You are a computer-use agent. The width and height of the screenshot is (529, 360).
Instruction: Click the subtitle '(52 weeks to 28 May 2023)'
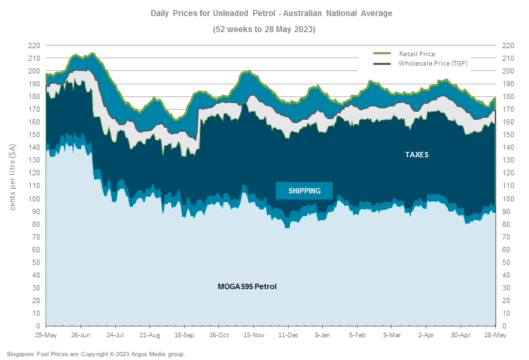pos(264,29)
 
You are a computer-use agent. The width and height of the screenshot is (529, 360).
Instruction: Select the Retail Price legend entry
pos(417,53)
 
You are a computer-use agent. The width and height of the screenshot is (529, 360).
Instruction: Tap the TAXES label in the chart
pos(417,155)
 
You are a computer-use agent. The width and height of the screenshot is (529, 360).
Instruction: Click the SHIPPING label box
pos(304,191)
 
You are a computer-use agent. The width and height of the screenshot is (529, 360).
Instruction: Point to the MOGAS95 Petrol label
pos(247,286)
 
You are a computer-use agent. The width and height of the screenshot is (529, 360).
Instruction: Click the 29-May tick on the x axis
pos(46,335)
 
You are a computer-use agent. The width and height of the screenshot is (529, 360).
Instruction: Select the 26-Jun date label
pos(80,335)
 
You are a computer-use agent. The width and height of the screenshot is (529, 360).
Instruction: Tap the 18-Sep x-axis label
pos(184,335)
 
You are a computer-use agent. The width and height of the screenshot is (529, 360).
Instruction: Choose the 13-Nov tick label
pos(253,335)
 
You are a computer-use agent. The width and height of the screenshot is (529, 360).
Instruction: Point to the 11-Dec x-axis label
pos(288,335)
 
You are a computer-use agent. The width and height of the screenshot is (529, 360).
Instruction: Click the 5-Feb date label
pos(357,335)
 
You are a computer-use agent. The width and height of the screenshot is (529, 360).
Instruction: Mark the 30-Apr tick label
pos(461,335)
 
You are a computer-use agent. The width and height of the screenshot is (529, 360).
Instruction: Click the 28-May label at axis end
pos(495,335)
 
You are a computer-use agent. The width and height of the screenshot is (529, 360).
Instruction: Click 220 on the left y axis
pos(33,46)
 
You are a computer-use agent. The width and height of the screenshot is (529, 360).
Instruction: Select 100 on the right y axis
pos(508,199)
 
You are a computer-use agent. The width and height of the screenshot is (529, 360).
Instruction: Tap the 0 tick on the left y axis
pos(37,326)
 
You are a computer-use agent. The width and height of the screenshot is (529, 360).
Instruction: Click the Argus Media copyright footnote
pos(95,353)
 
